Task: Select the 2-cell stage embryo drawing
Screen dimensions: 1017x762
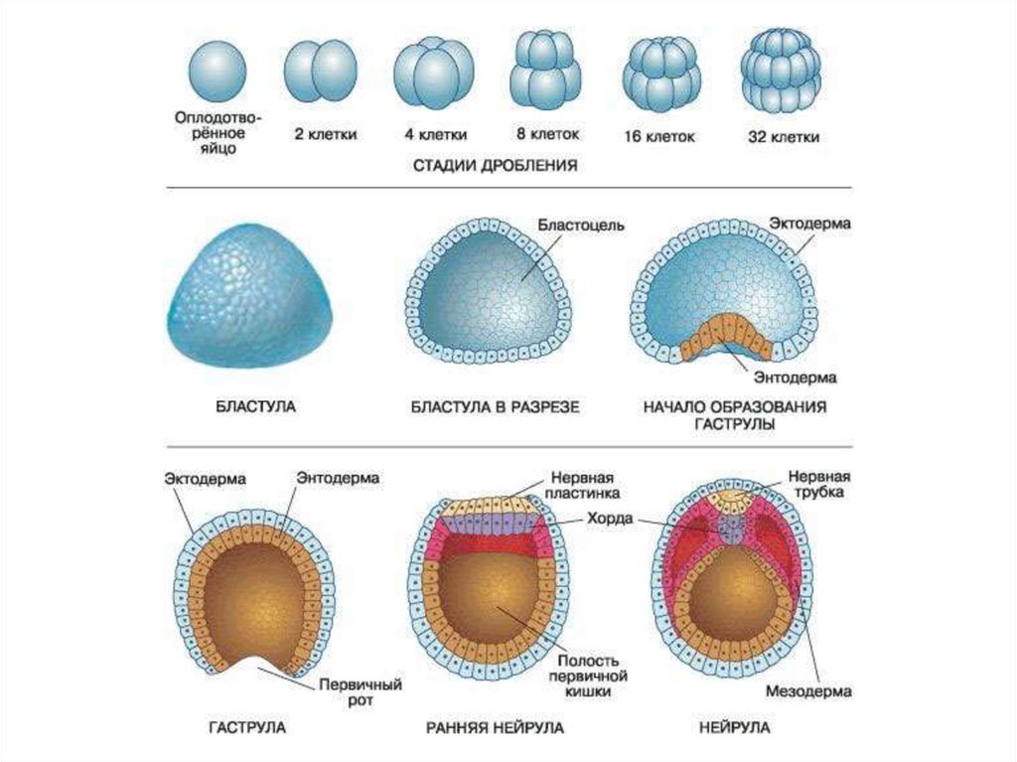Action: pos(319,72)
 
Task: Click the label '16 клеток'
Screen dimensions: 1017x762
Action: pos(659,135)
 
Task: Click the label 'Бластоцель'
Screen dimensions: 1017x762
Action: pos(581,225)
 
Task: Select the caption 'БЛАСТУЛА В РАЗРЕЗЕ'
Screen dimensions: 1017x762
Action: pos(495,406)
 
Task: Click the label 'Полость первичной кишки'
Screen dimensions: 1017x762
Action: pos(588,676)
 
